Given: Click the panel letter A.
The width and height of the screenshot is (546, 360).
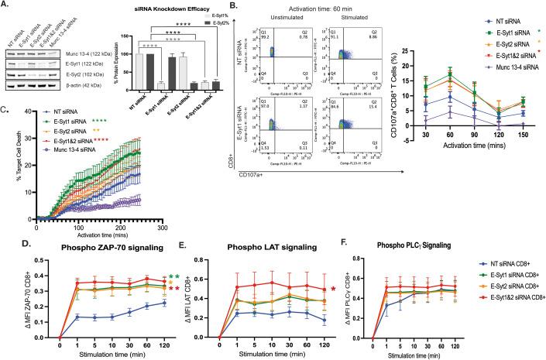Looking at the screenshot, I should click(6, 5).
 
